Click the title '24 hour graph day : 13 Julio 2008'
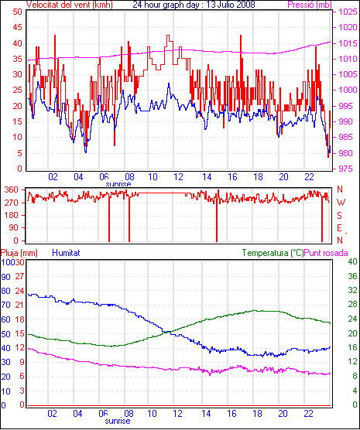(x=194, y=5)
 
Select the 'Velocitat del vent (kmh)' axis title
(x=69, y=5)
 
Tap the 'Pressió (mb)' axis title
(x=310, y=5)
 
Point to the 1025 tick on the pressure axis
(x=348, y=12)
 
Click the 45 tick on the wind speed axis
(x=18, y=27)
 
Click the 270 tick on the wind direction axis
(x=12, y=203)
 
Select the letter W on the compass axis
(x=341, y=203)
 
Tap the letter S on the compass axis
(x=340, y=216)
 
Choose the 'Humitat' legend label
(x=66, y=253)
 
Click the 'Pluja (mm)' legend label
(x=19, y=253)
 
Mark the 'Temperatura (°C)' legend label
(x=273, y=253)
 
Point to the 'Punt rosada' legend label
(x=326, y=253)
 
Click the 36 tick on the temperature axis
(x=352, y=276)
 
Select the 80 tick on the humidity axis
(x=5, y=291)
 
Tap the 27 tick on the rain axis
(x=19, y=276)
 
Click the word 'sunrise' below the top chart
(x=118, y=184)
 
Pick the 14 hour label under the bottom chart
(x=206, y=413)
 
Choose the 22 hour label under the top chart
(x=309, y=177)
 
